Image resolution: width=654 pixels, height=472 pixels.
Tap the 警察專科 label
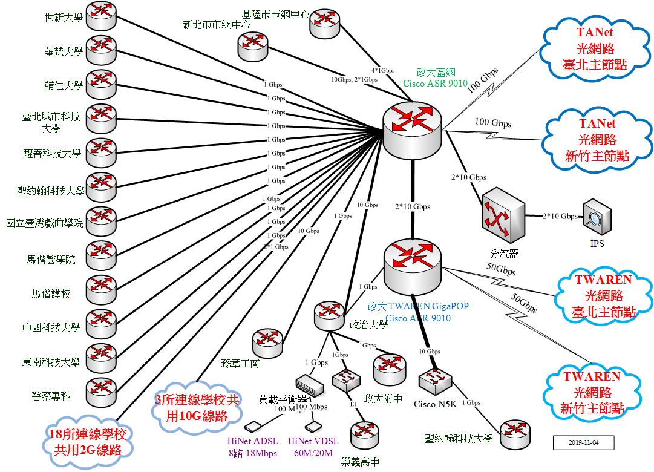click(51, 396)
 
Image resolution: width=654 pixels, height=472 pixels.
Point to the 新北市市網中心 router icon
click(253, 47)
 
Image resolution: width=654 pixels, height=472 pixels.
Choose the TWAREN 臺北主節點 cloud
click(600, 295)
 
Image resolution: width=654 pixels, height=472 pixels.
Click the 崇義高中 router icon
click(364, 434)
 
